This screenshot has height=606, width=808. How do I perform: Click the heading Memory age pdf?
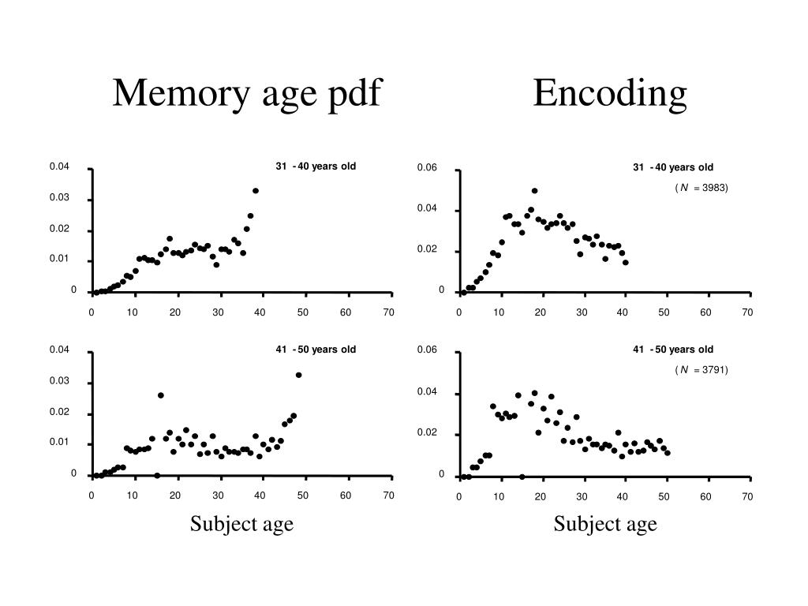(x=247, y=94)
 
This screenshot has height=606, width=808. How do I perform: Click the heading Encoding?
(x=609, y=94)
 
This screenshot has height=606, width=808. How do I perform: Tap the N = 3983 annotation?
(x=701, y=188)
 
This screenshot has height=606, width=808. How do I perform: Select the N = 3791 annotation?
(x=701, y=369)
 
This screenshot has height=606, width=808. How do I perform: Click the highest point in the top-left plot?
(x=256, y=191)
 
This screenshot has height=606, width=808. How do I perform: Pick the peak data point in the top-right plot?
(x=534, y=191)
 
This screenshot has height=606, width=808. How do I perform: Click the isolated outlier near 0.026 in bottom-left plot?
(x=161, y=395)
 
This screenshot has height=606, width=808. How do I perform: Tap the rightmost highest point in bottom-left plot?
(x=298, y=375)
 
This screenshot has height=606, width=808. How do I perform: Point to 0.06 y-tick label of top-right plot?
(x=427, y=168)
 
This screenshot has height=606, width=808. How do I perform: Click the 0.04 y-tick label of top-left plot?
(x=59, y=166)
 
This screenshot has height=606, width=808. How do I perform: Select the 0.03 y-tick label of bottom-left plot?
(x=59, y=380)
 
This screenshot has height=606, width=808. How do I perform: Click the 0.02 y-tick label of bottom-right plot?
(x=427, y=433)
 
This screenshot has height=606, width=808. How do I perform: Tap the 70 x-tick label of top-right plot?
(x=747, y=312)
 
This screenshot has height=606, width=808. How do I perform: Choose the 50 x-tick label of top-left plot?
(x=303, y=312)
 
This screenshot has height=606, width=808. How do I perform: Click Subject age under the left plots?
(x=241, y=523)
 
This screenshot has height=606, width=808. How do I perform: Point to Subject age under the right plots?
(x=605, y=523)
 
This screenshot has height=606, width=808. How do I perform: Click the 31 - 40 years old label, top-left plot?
(x=316, y=166)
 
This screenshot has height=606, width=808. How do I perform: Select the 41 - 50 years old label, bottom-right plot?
(x=673, y=350)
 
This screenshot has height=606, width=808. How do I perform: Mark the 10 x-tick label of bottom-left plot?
(x=133, y=495)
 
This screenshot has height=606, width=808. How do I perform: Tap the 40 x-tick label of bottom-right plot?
(x=623, y=496)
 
